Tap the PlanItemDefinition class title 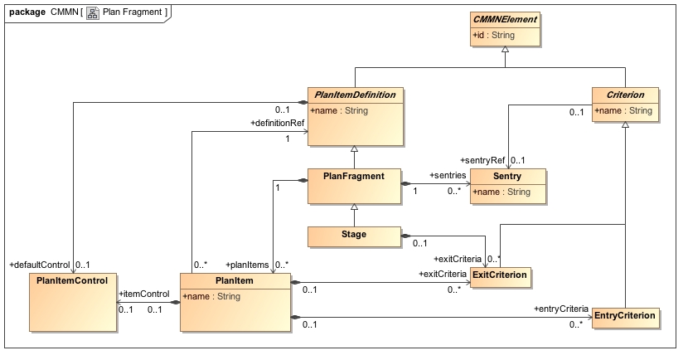pos(355,95)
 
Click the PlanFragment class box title pos(354,176)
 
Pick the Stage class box pos(354,236)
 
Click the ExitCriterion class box pos(500,274)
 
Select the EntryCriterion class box pos(626,315)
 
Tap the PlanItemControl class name pos(72,281)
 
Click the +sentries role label pos(448,176)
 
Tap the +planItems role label pos(247,265)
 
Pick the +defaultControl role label pos(40,265)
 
